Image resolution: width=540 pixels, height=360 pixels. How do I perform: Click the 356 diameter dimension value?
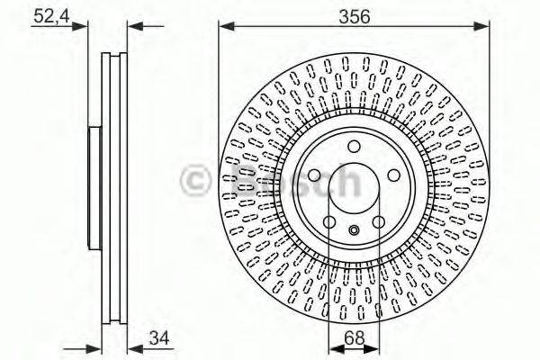(x=353, y=15)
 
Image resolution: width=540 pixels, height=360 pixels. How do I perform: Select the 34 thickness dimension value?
(x=159, y=338)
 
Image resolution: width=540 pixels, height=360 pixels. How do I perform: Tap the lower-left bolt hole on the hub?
(x=329, y=222)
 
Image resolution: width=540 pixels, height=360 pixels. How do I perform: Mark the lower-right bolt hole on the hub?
(x=378, y=222)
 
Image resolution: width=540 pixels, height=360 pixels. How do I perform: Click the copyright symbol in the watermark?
(x=196, y=181)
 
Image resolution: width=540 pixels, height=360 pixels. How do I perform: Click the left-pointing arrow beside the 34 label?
(x=134, y=349)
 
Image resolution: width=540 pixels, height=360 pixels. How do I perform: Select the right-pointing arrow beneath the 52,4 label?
(x=83, y=27)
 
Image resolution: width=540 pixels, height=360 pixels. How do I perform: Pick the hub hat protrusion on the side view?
(x=93, y=189)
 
